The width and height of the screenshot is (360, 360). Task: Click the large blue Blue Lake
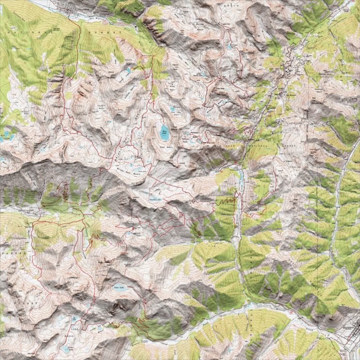tap(165, 130)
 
